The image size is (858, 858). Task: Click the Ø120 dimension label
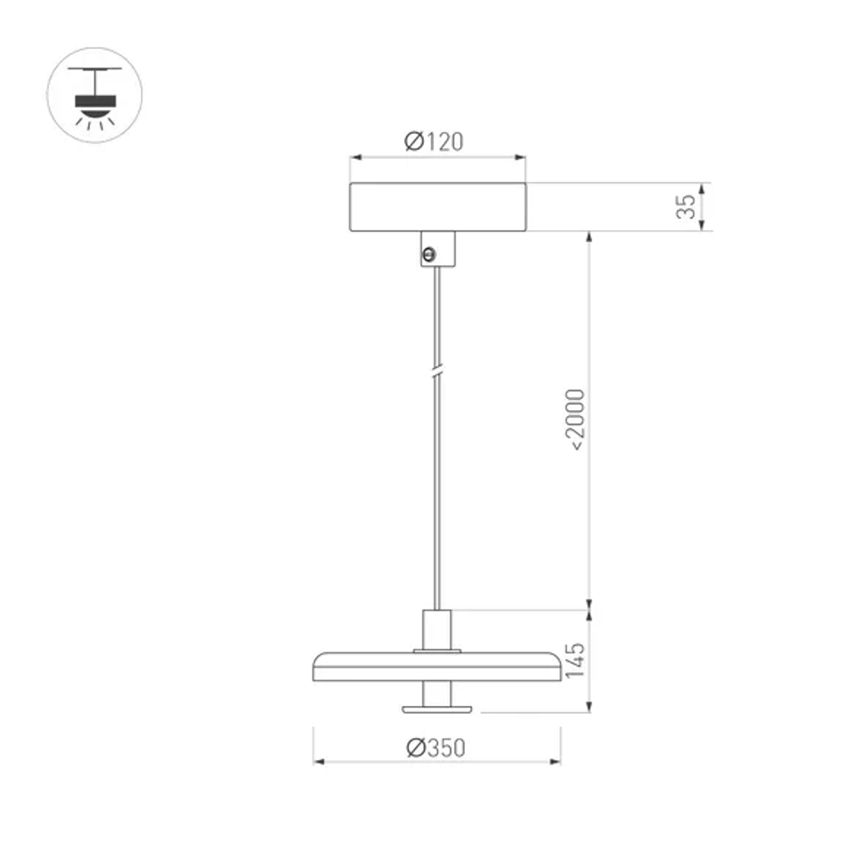click(434, 142)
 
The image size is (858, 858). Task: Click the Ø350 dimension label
click(436, 747)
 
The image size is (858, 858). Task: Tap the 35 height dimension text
click(686, 207)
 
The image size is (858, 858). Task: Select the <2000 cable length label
click(575, 420)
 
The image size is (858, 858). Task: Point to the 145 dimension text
click(575, 662)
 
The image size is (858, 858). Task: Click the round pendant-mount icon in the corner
click(94, 94)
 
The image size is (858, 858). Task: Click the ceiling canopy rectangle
click(438, 207)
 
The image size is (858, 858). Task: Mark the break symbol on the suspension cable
click(438, 372)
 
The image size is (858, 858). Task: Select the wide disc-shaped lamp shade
click(437, 666)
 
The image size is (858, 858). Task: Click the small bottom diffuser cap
click(438, 708)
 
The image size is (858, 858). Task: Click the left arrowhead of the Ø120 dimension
click(353, 157)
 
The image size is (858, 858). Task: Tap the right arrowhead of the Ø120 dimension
click(521, 157)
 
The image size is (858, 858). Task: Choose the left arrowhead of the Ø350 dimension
click(317, 761)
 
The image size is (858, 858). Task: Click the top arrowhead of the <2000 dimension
click(589, 236)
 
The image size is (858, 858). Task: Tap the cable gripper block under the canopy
click(438, 249)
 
